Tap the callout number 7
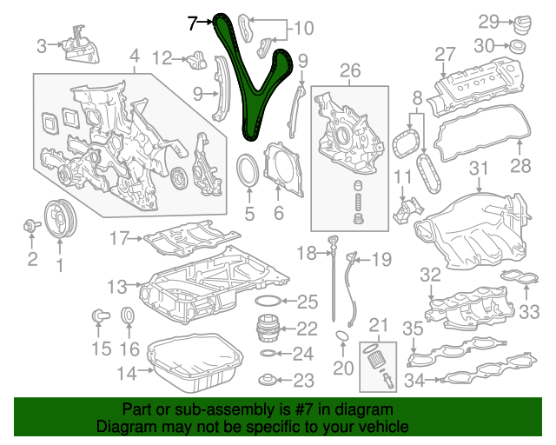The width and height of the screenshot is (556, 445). pos(192,23)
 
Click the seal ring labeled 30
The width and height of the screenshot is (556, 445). pos(518,46)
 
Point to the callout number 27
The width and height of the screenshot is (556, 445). pos(445,55)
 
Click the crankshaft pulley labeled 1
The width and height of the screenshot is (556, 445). pos(60,220)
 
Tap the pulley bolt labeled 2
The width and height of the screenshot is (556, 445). pos(31,225)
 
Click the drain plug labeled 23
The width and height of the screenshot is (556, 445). pos(268,380)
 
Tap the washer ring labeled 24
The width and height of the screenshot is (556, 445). pos(268,353)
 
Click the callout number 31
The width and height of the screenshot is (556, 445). pos(479,169)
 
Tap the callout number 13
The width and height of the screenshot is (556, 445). pos(117,287)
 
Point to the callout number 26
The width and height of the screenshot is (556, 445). pos(350,70)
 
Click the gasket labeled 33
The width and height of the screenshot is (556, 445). pos(520,276)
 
